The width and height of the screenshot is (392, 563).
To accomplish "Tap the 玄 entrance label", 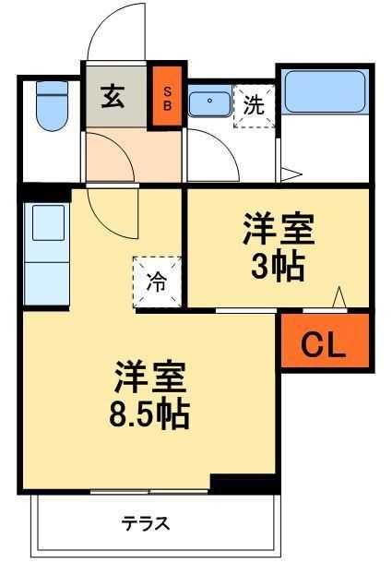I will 113,96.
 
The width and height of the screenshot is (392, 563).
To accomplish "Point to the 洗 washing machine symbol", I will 254,105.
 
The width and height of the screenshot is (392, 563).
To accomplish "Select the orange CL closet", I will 325,343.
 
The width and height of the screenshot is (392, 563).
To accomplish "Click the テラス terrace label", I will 146,524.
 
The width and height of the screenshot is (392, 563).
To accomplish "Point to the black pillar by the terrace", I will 244,483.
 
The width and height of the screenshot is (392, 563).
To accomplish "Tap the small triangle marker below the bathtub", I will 290,173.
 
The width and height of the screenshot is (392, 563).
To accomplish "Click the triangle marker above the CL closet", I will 339,298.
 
